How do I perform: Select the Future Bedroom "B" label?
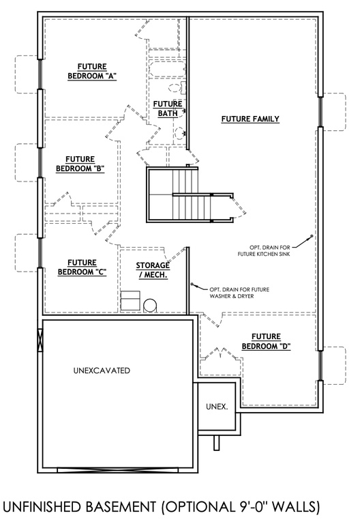(x=80, y=164)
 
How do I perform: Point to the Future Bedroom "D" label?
(x=267, y=341)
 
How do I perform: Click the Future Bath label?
(x=167, y=108)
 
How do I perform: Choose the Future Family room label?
(x=250, y=119)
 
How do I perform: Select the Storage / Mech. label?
(x=152, y=270)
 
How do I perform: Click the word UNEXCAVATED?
(x=101, y=370)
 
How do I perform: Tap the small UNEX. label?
(x=216, y=407)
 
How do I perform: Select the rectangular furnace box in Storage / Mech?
(x=130, y=300)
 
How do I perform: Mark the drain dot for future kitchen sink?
(x=312, y=237)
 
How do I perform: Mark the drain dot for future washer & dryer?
(x=193, y=285)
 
